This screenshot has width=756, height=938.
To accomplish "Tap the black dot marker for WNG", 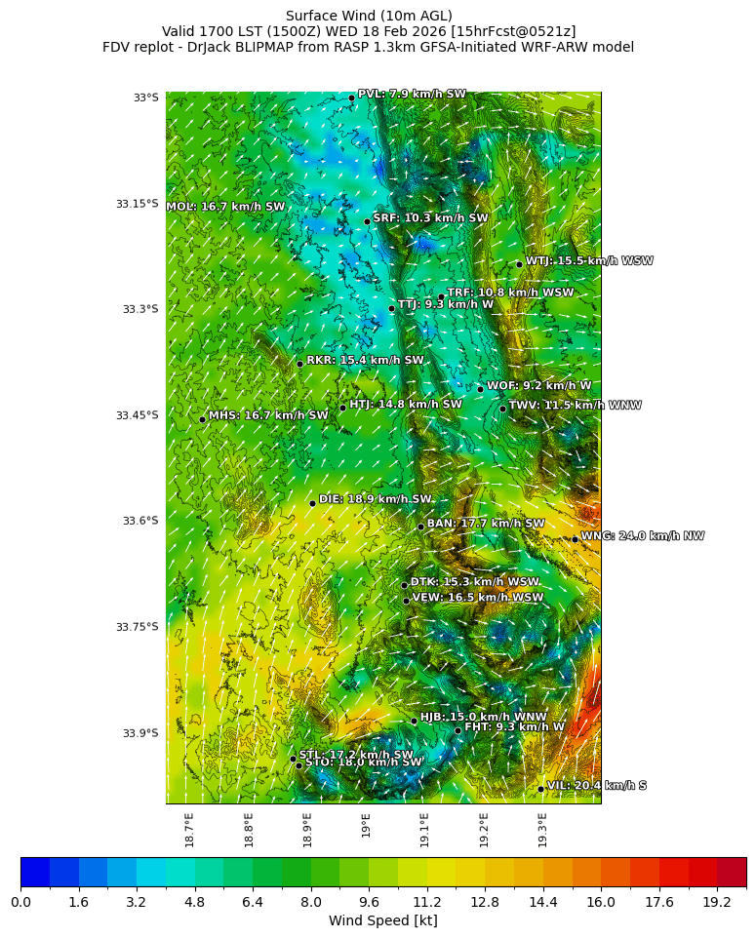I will tap(575, 538).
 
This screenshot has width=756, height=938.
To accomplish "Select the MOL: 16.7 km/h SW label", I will tap(225, 207).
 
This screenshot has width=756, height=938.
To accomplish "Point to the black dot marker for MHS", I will tap(202, 419).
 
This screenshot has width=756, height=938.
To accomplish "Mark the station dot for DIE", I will tap(312, 503).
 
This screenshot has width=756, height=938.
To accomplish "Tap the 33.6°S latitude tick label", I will tap(139, 521).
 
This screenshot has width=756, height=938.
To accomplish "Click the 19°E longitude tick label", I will tap(366, 825).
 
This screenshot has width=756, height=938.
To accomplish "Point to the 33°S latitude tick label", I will tap(145, 98).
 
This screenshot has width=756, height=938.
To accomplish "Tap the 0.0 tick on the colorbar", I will tap(21, 903).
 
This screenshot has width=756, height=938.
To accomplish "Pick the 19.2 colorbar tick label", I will tap(717, 903).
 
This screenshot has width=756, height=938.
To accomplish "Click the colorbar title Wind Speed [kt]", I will tap(382, 920).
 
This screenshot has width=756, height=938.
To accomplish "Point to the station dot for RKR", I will tap(300, 364).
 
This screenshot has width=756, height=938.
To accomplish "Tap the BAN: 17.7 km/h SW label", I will tap(486, 524).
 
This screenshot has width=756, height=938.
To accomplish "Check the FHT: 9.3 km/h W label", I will tap(514, 726).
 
